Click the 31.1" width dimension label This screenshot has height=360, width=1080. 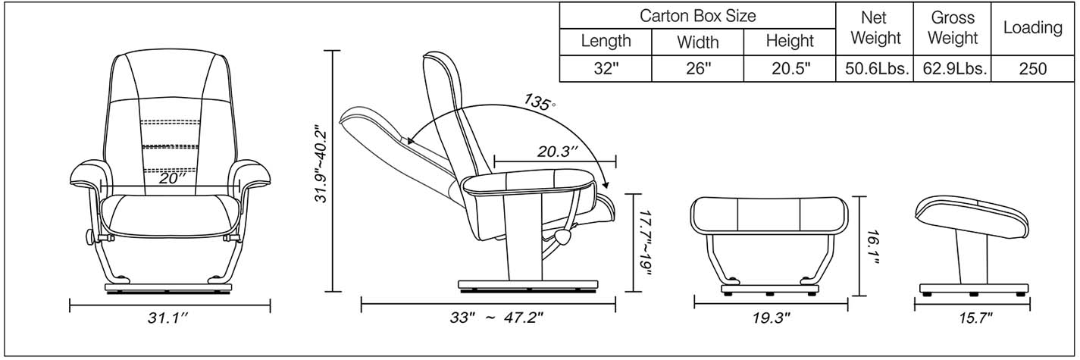167,320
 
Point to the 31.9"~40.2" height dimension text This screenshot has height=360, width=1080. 322,164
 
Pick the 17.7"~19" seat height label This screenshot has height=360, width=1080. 644,244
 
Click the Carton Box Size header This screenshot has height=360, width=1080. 697,15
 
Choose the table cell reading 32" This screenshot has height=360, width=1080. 606,69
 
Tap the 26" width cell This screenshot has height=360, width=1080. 697,69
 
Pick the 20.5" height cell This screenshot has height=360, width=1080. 790,69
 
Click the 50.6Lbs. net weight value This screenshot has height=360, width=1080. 876,69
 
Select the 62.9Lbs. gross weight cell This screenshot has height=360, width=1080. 953,69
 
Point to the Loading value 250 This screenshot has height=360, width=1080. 1032,69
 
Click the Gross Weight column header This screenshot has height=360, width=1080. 953,28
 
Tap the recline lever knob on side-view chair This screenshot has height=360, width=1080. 563,238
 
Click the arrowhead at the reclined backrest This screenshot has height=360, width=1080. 409,141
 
